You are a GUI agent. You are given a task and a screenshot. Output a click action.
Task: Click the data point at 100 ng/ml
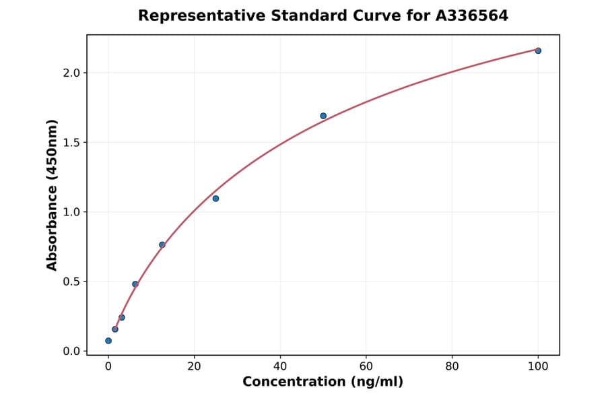(538, 51)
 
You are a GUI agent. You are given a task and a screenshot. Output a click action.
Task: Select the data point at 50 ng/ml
(323, 116)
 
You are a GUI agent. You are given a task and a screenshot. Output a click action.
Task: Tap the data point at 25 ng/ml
(215, 198)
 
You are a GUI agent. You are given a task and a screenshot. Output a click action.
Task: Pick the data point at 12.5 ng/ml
(162, 244)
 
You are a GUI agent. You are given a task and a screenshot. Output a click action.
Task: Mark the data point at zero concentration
(108, 341)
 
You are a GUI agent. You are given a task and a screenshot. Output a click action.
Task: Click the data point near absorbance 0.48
(135, 284)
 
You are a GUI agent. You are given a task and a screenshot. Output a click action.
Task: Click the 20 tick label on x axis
(194, 366)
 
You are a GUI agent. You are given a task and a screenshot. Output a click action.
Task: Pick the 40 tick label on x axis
(280, 366)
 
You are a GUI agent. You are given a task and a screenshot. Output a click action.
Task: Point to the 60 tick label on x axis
(366, 366)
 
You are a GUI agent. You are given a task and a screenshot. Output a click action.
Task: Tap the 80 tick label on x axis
(452, 366)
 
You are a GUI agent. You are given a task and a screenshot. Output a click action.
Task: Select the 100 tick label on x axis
(538, 366)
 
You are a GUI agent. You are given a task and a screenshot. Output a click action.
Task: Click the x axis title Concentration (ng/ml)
(323, 382)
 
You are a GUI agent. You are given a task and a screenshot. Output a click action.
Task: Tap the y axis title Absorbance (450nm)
(53, 195)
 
